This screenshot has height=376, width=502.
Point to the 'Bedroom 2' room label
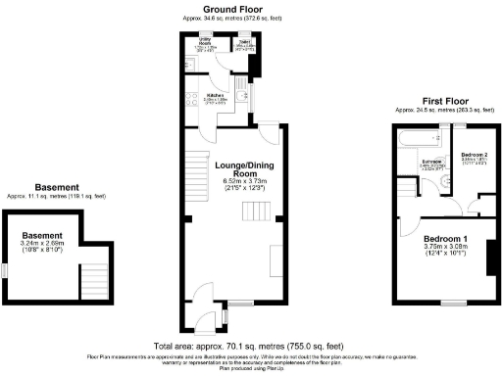[x=476, y=154]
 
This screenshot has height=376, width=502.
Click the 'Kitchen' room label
[x=216, y=95]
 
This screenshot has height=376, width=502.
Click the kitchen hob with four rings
[x=185, y=99]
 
